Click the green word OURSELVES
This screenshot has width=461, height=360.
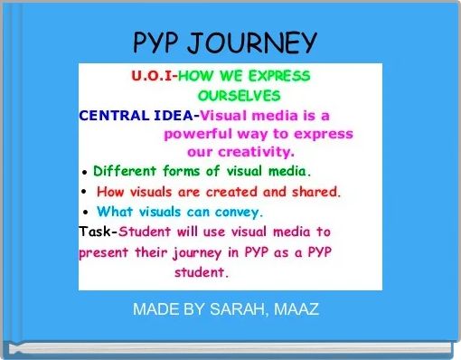239,95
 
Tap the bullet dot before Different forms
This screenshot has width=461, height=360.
84,172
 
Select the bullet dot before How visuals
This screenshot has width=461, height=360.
84,192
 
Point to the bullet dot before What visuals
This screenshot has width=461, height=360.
84,213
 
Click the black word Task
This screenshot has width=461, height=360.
97,232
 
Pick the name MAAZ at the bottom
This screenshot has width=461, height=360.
296,309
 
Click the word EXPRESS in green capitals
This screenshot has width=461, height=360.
276,75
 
